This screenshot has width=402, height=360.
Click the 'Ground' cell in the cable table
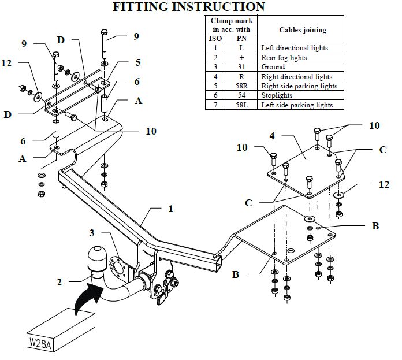273,67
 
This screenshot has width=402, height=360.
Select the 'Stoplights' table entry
277,95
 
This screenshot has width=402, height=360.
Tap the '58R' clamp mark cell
241,86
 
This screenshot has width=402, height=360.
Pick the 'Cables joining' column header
303,30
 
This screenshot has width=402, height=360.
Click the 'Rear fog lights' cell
284,58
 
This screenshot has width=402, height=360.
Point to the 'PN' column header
241,39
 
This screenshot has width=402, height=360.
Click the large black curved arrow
88,296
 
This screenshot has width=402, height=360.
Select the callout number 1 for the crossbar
170,209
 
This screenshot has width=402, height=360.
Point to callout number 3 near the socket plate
92,233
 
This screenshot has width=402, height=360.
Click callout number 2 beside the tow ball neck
59,283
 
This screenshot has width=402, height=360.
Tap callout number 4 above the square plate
272,136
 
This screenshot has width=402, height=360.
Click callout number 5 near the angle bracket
138,62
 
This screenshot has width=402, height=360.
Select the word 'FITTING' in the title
140,7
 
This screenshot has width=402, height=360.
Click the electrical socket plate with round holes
118,269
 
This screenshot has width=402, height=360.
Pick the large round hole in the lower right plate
291,251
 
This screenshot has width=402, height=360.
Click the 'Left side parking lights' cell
297,105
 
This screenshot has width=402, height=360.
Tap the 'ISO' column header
215,39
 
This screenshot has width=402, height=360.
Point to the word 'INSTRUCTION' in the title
218,7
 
